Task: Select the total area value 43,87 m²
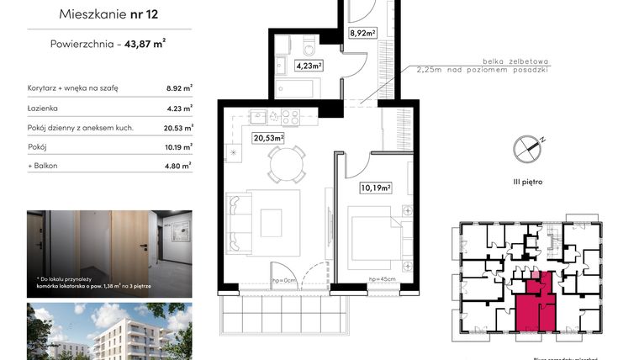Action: click(145, 45)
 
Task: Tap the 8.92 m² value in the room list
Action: click(180, 87)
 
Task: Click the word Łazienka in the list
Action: click(44, 107)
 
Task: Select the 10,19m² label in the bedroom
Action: click(376, 188)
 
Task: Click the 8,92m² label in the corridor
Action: click(362, 34)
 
